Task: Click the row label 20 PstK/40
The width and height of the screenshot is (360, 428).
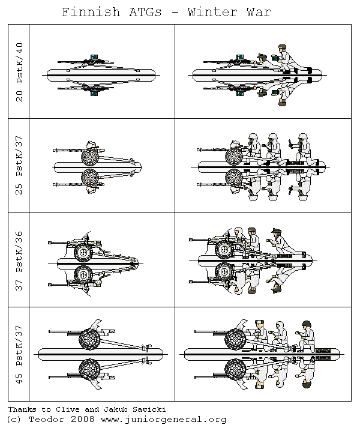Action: pyautogui.click(x=20, y=71)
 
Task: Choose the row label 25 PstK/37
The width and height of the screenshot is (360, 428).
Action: pyautogui.click(x=20, y=166)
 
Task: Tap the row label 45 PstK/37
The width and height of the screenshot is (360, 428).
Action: pyautogui.click(x=20, y=355)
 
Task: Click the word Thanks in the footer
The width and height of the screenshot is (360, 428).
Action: pyautogui.click(x=22, y=408)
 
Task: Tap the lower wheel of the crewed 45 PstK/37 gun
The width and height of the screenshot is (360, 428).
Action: pyautogui.click(x=234, y=367)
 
